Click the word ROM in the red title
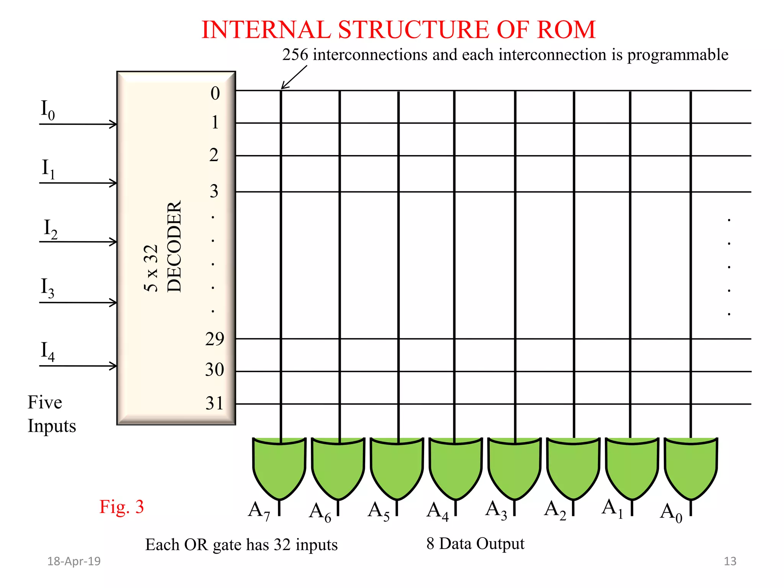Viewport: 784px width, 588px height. [x=566, y=30]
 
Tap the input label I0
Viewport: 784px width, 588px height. [x=48, y=110]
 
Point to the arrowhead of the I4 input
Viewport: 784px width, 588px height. [x=113, y=366]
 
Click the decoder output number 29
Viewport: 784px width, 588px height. [x=214, y=339]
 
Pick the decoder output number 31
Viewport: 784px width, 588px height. [x=214, y=403]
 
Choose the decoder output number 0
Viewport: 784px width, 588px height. [x=215, y=93]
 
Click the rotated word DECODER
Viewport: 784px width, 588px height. [x=174, y=247]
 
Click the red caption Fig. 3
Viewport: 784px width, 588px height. [x=122, y=507]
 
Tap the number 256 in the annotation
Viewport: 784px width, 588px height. [x=295, y=55]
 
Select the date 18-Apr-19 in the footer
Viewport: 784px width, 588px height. [x=74, y=561]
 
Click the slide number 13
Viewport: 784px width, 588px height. [x=730, y=561]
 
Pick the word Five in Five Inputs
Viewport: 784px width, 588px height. [x=45, y=402]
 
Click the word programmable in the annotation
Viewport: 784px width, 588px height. [x=678, y=55]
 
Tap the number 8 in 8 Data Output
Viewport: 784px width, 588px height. [x=430, y=544]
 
